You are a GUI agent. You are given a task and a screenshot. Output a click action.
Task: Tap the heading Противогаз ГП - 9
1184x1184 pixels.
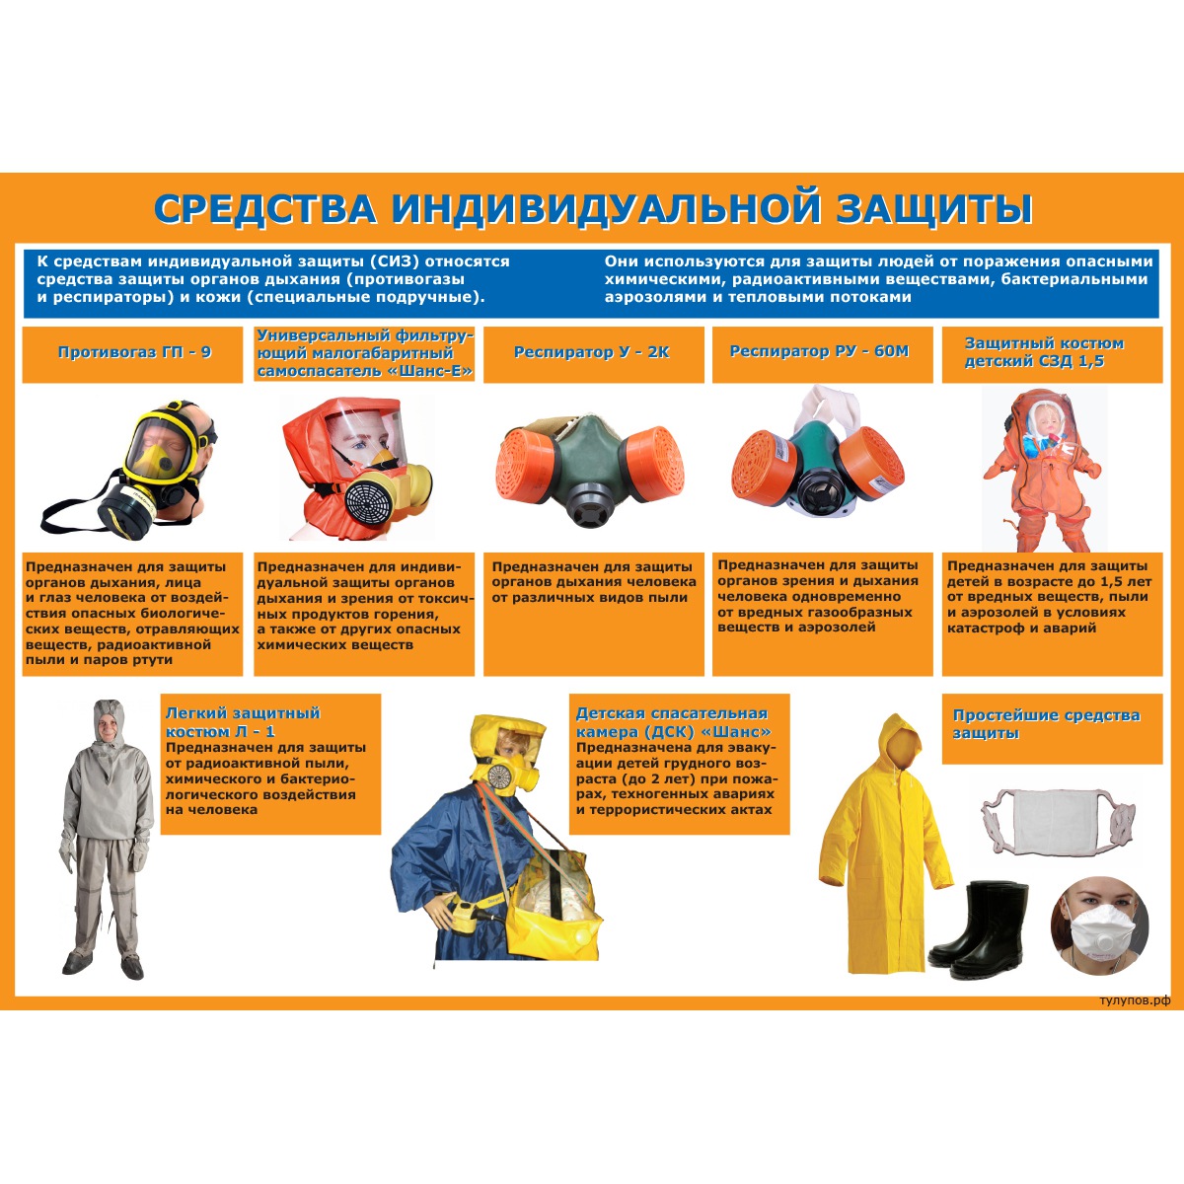tap(134, 352)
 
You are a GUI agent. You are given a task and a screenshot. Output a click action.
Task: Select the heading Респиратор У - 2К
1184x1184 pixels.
tap(592, 352)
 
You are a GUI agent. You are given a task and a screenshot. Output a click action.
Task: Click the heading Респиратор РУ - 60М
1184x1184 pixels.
tap(819, 351)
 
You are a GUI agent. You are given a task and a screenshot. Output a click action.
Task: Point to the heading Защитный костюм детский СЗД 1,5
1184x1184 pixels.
tap(1044, 352)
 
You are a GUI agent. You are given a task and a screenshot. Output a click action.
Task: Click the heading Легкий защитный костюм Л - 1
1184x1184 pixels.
tap(244, 722)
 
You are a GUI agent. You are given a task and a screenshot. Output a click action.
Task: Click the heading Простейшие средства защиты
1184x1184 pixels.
tap(1046, 724)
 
